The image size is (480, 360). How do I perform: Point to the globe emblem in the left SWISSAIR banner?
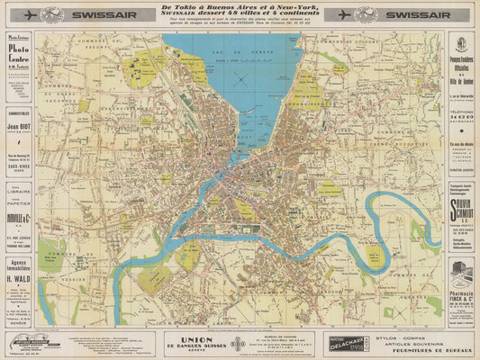tap(56, 15)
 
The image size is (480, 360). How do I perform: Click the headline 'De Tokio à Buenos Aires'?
tap(240, 12)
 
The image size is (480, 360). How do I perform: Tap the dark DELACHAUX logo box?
tap(340, 339)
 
